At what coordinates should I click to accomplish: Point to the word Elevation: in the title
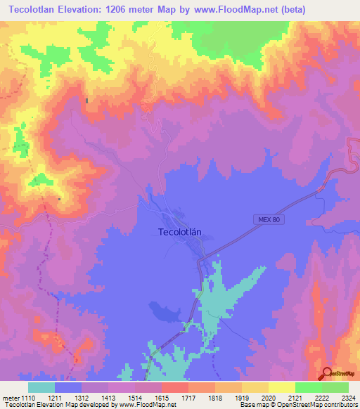[x=94, y=9]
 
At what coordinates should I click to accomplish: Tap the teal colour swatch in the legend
[x=41, y=387]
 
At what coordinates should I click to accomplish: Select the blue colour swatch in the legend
[x=68, y=387]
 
